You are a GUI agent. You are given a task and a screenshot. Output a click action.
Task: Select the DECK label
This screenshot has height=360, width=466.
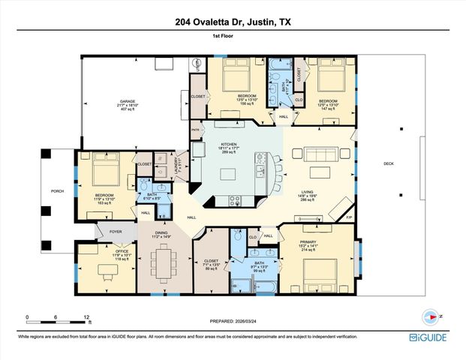tap(388, 163)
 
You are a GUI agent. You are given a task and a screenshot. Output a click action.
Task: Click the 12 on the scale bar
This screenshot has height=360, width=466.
tap(87, 317)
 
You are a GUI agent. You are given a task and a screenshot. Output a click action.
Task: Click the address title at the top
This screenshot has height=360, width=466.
tap(233, 22)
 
